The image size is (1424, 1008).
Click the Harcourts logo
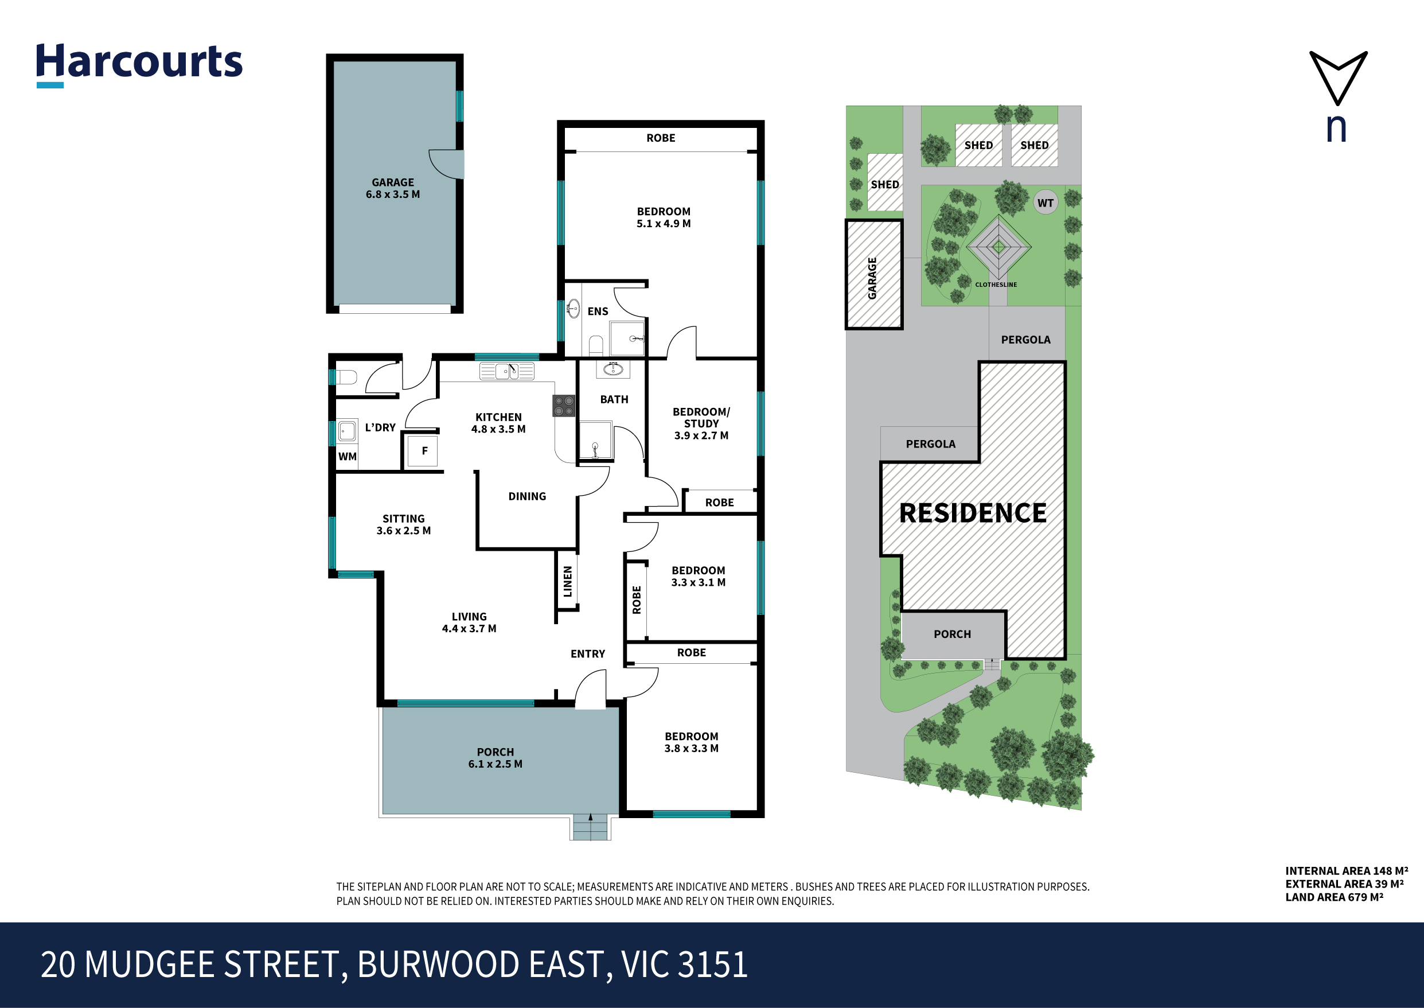(x=139, y=64)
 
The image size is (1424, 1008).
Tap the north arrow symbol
(x=1338, y=77)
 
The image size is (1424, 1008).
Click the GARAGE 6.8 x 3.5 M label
(x=393, y=188)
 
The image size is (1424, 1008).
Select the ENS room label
(x=598, y=312)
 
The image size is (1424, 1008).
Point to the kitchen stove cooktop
(x=563, y=406)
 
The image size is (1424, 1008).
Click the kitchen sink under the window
(x=507, y=371)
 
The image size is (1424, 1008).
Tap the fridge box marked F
(x=424, y=450)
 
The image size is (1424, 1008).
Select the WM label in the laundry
(x=348, y=456)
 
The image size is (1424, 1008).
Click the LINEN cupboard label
(x=567, y=582)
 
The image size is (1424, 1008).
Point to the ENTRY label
(x=588, y=653)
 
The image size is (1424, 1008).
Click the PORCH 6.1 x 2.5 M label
(x=495, y=758)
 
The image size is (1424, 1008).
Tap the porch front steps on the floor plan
(x=590, y=827)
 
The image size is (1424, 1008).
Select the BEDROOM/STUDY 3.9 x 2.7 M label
(x=701, y=423)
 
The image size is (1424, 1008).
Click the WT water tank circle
(x=1045, y=203)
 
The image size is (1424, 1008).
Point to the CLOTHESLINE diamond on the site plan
(x=998, y=248)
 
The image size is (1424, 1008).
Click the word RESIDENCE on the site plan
(x=973, y=513)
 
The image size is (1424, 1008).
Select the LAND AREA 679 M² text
(x=1334, y=897)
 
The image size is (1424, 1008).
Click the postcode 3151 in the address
(x=713, y=964)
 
